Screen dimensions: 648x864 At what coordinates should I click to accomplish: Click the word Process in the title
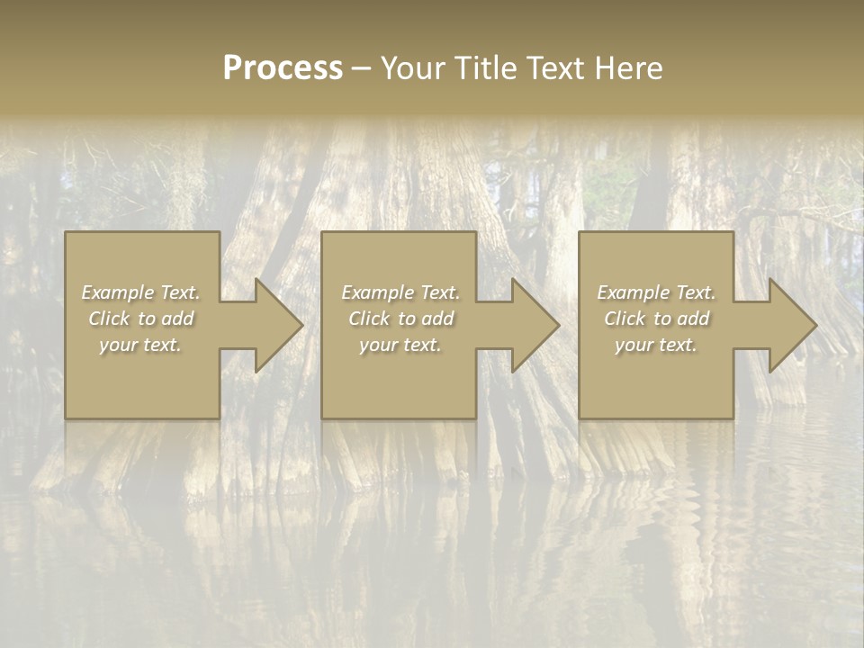tap(283, 68)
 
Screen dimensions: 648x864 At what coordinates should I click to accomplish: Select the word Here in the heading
tap(630, 68)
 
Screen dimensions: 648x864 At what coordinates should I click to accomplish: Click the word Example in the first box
tap(118, 292)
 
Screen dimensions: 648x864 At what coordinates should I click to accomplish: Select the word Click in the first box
tap(109, 319)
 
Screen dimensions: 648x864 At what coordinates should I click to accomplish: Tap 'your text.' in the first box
tap(140, 345)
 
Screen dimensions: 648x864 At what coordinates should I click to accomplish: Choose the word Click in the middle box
tap(369, 319)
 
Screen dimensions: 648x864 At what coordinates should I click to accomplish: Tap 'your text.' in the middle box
tap(400, 345)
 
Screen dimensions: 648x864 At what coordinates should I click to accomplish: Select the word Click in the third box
tap(625, 319)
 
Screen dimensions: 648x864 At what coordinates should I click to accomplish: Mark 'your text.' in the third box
tap(655, 345)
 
